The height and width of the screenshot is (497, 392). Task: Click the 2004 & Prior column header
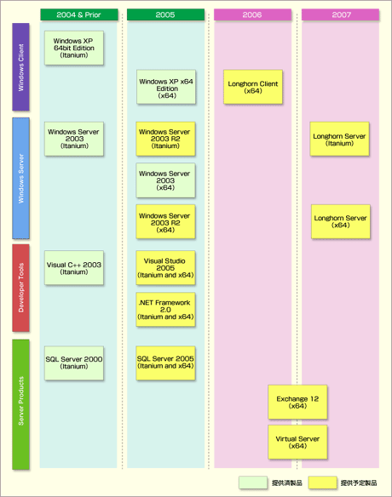(x=79, y=14)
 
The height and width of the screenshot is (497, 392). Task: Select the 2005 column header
(x=165, y=14)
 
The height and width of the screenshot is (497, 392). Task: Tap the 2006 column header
(x=252, y=14)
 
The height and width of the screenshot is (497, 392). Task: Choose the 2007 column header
(x=340, y=14)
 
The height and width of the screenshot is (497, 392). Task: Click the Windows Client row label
(x=20, y=67)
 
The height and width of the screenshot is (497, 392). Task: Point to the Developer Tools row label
(x=20, y=288)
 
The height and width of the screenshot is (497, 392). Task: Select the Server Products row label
(x=20, y=404)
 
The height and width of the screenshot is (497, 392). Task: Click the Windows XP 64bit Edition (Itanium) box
(x=74, y=48)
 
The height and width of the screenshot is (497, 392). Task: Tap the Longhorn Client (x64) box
(x=253, y=87)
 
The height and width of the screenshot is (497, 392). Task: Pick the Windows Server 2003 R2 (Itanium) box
(x=165, y=139)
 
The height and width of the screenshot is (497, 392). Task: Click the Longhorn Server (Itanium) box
(x=340, y=139)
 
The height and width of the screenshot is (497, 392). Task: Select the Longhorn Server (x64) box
(x=341, y=221)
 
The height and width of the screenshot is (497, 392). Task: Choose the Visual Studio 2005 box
(x=165, y=268)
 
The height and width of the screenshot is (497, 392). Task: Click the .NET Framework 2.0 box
(x=165, y=310)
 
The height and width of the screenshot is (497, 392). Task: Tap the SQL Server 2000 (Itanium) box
(x=74, y=363)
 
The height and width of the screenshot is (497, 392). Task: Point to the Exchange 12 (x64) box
(x=297, y=402)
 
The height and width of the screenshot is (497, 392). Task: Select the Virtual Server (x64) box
(x=297, y=443)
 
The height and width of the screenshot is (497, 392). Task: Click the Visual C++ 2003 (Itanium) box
(x=74, y=268)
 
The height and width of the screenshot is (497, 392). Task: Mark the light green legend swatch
(x=253, y=483)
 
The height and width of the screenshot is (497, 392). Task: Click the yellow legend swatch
(x=322, y=483)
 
